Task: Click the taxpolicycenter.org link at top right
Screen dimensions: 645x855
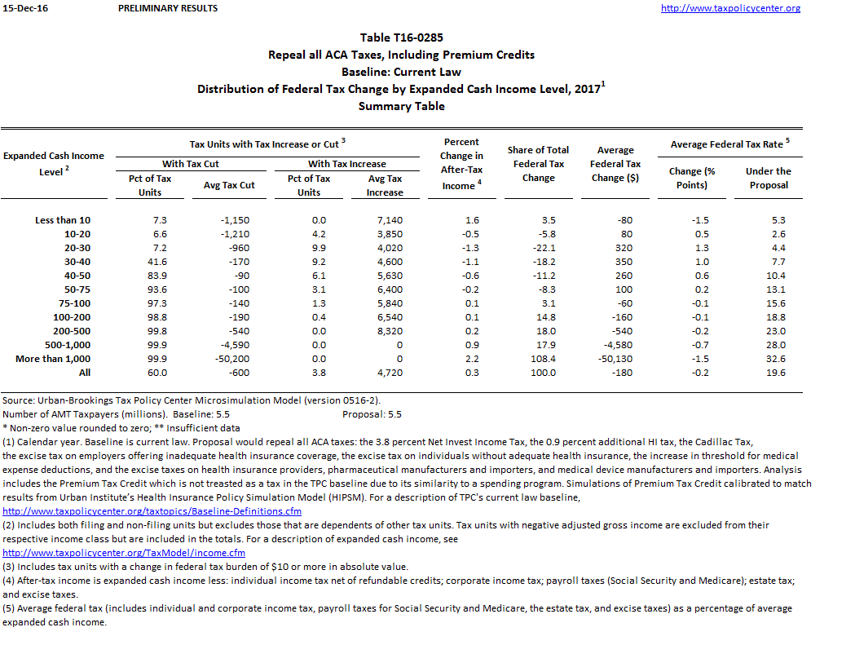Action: click(730, 8)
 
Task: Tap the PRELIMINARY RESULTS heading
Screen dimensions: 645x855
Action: click(168, 8)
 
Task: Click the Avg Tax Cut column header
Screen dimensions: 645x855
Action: click(229, 185)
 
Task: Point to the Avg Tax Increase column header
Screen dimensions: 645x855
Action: click(385, 185)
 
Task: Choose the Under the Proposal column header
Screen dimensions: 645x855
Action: click(768, 178)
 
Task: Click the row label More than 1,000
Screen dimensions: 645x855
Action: click(53, 359)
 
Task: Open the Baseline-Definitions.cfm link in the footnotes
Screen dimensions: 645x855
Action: click(152, 511)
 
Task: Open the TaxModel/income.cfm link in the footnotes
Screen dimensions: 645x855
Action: click(124, 553)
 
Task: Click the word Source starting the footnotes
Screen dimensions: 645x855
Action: click(18, 400)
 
